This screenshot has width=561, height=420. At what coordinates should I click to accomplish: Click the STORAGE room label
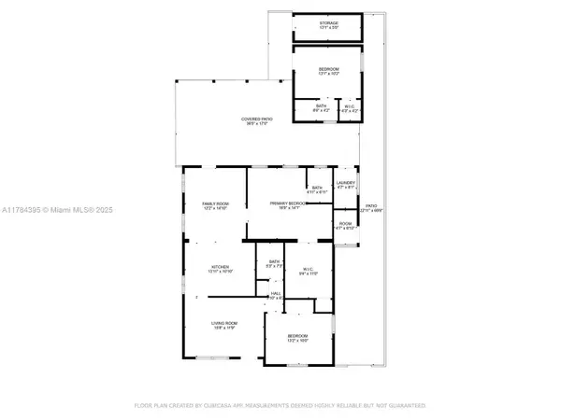pos(328,22)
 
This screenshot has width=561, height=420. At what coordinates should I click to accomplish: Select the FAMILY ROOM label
pos(216,203)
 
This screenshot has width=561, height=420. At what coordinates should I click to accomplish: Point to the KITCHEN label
pos(220,266)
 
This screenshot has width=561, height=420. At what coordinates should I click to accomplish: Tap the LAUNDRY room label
pos(344,183)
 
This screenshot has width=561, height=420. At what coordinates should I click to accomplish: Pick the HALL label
pos(276,293)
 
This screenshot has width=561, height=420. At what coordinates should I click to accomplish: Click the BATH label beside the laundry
pos(318,188)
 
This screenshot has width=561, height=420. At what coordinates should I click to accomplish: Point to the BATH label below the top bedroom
pos(320,106)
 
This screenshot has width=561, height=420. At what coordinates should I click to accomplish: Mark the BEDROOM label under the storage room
pos(328,69)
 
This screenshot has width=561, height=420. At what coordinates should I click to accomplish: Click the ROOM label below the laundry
pos(345,223)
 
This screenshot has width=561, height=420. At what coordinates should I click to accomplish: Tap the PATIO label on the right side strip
pos(371,206)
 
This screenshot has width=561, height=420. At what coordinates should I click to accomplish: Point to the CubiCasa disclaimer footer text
pos(280,406)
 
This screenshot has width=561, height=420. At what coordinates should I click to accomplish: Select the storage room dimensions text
pos(328,28)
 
